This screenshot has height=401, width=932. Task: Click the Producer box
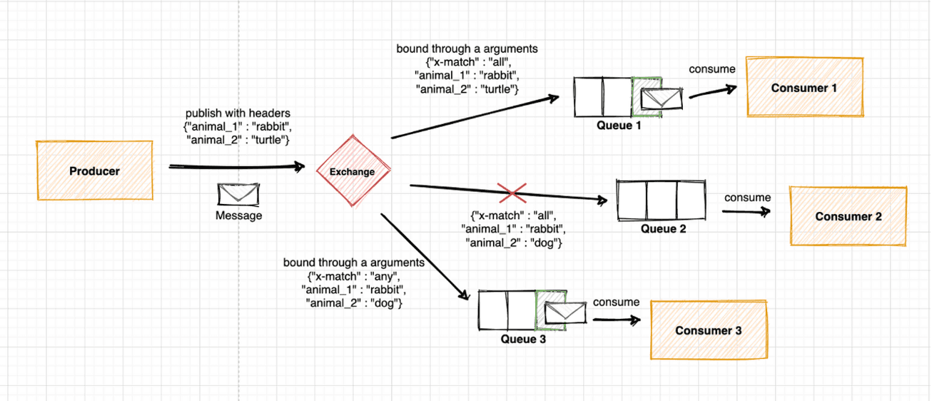pyautogui.click(x=94, y=171)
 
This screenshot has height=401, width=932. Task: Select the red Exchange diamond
pyautogui.click(x=353, y=171)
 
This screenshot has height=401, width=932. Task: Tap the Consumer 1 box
pyautogui.click(x=804, y=88)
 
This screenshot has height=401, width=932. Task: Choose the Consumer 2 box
pyautogui.click(x=847, y=216)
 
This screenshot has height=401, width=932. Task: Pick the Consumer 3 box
pyautogui.click(x=708, y=330)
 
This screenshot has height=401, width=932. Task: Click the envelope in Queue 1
pyautogui.click(x=661, y=99)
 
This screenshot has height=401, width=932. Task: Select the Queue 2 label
pyautogui.click(x=663, y=229)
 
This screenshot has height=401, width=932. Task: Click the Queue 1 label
pyautogui.click(x=619, y=126)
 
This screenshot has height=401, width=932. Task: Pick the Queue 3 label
pyautogui.click(x=523, y=339)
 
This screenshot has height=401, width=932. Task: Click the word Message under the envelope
pyautogui.click(x=239, y=215)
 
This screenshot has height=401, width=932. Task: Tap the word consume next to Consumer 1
pyautogui.click(x=711, y=69)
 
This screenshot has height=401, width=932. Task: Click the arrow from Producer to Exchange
pyautogui.click(x=235, y=167)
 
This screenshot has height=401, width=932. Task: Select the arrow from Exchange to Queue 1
pyautogui.click(x=475, y=118)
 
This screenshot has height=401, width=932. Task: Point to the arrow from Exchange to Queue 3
pyautogui.click(x=425, y=255)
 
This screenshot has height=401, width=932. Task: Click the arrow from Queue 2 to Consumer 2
pyautogui.click(x=746, y=211)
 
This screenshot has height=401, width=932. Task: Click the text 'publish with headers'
pyautogui.click(x=238, y=113)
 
